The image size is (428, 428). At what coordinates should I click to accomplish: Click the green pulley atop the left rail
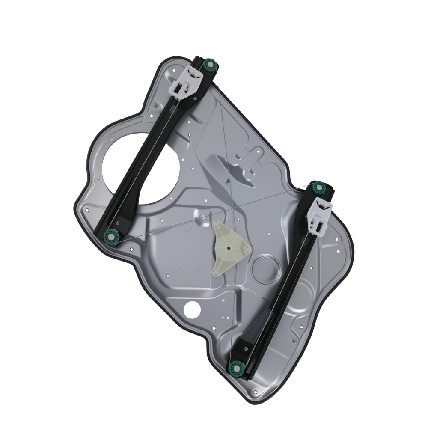210,65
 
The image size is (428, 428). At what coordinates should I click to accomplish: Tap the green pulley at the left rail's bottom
111,236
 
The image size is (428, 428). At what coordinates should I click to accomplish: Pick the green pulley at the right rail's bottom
236,368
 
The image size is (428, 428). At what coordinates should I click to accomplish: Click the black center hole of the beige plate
229,247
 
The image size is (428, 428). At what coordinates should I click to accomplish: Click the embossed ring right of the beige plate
266,269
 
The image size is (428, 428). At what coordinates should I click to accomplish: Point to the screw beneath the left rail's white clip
195,99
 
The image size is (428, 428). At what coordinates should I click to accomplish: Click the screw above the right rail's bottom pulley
246,349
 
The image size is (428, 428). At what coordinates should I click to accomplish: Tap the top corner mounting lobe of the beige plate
218,225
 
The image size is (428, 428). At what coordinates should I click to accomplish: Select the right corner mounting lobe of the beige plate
246,248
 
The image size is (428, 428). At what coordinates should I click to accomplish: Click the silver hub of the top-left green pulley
210,65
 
